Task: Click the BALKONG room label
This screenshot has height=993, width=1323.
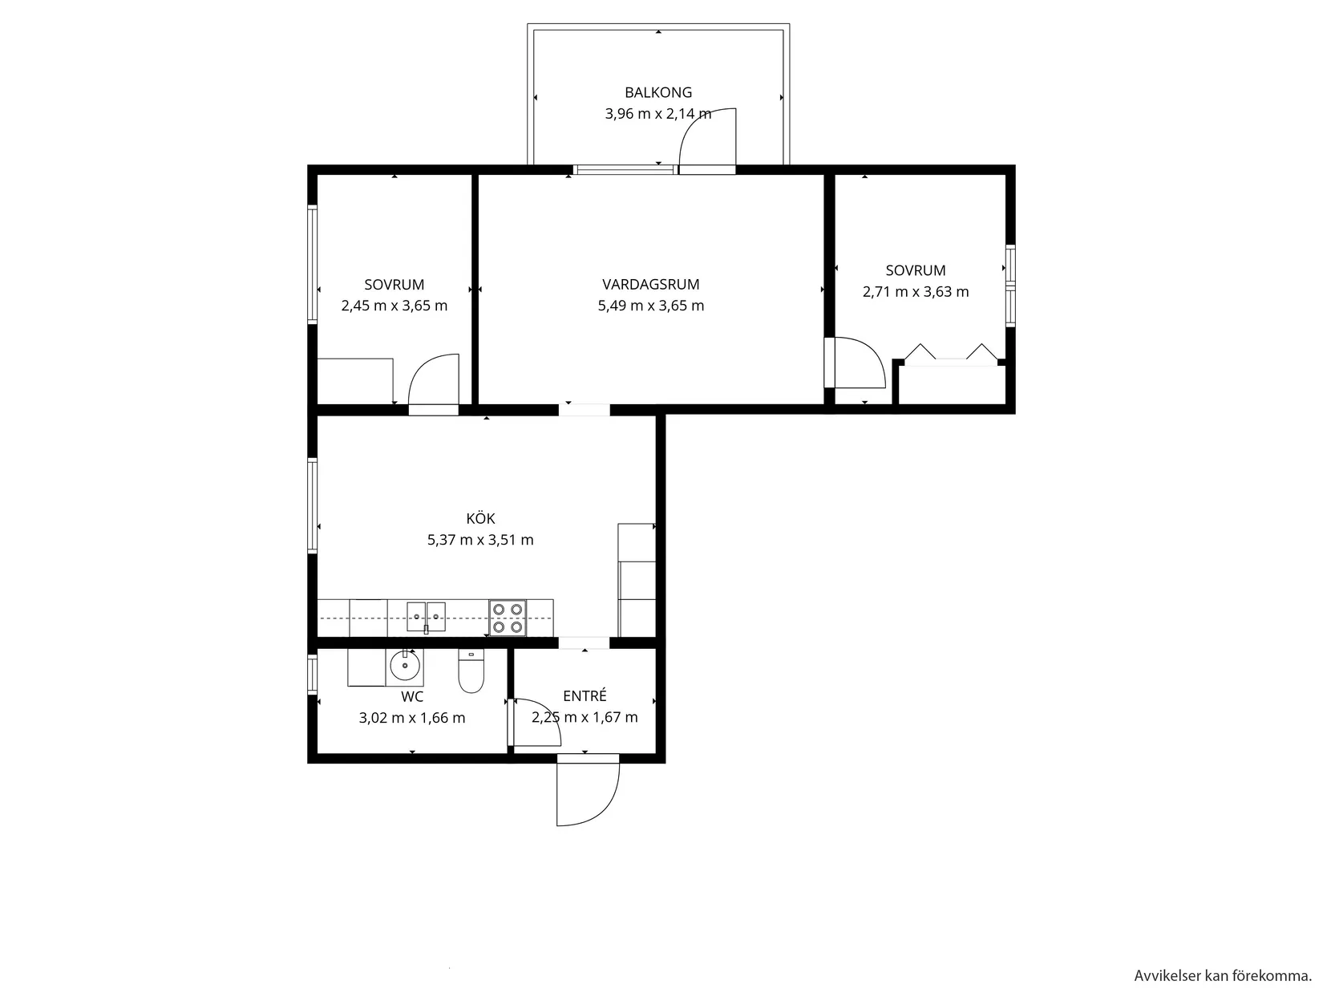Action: [657, 92]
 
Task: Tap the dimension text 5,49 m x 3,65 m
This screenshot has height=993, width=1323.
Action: [650, 306]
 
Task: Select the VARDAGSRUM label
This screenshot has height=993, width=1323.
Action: [650, 284]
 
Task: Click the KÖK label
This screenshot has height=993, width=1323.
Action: [480, 518]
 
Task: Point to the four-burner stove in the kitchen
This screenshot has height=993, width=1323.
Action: [508, 618]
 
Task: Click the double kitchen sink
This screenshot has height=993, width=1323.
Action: [426, 616]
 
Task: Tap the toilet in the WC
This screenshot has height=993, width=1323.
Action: [471, 673]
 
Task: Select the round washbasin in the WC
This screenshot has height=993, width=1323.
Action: [405, 665]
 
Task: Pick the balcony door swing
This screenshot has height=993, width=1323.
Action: [707, 138]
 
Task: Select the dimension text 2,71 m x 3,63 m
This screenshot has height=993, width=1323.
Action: [916, 292]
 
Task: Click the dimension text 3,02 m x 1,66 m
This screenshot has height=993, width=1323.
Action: [412, 718]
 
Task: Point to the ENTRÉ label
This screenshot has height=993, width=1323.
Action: [585, 696]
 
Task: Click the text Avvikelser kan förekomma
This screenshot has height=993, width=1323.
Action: [1222, 975]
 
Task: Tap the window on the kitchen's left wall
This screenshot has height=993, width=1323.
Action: [313, 505]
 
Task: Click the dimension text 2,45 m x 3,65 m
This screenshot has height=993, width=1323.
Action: [394, 306]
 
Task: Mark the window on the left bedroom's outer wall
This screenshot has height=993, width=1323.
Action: [313, 265]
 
